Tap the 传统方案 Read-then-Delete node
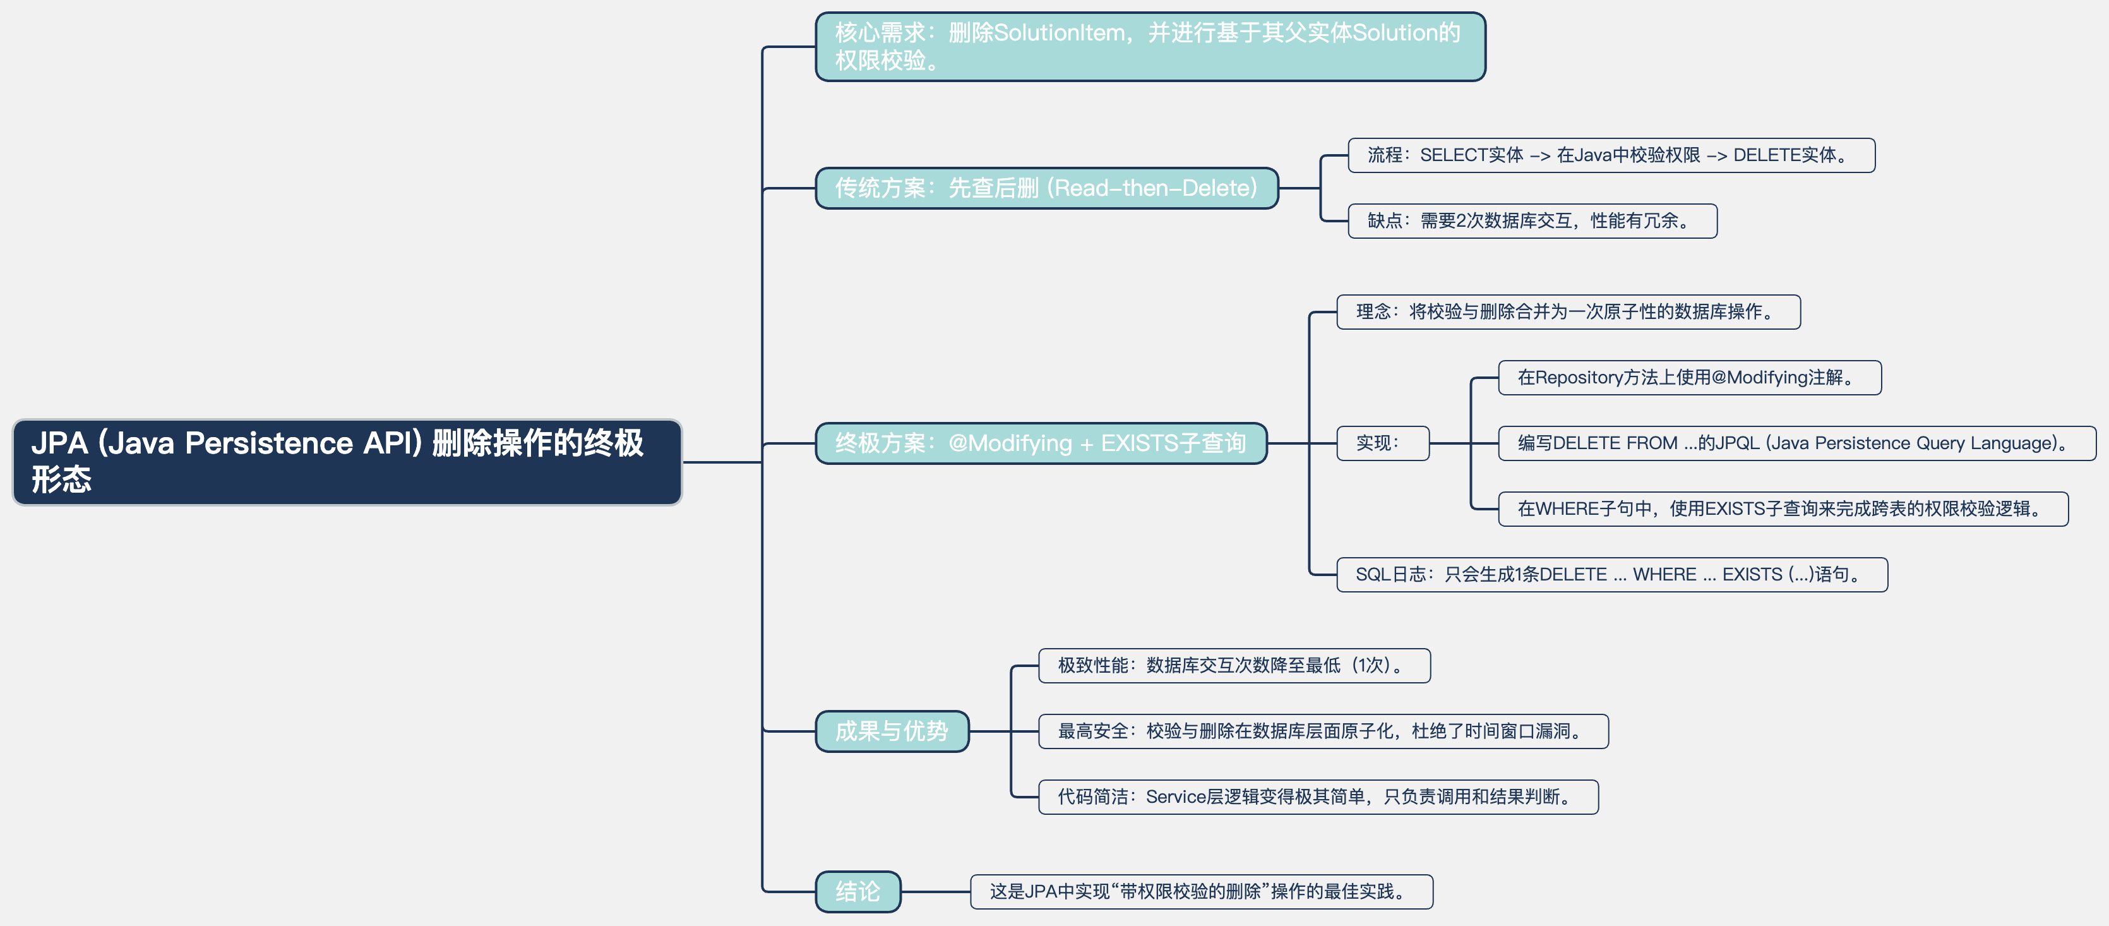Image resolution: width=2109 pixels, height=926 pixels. pos(1046,188)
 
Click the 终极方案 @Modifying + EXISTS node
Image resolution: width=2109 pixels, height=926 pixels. pos(1040,443)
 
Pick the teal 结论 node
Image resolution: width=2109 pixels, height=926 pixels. pos(857,891)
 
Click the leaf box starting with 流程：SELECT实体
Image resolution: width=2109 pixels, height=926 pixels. pos(1610,155)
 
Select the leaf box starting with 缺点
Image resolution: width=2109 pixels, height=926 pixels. pos(1532,221)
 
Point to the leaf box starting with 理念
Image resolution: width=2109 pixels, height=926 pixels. pos(1567,312)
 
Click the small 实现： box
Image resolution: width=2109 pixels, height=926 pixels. pos(1382,443)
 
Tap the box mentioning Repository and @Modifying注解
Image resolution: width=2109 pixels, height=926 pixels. pos(1689,378)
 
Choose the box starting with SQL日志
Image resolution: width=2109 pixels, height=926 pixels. pos(1611,575)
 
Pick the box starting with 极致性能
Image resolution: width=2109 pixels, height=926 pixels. pos(1234,666)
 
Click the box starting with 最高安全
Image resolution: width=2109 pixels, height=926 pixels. pos(1322,731)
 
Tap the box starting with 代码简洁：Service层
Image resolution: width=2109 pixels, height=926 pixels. pos(1317,797)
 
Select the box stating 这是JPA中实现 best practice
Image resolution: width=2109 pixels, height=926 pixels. pos(1200,892)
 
